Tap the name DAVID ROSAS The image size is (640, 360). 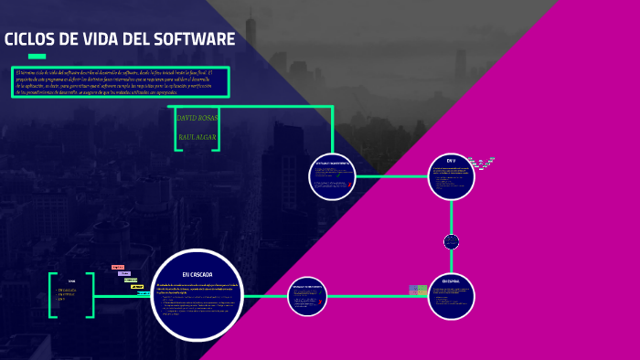coord(197,118)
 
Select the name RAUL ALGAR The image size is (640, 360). coord(197,137)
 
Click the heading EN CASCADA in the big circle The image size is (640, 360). coord(197,274)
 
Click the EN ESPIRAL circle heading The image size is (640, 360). coord(451,281)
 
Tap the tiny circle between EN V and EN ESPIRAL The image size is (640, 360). coord(451,242)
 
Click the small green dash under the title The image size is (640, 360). coord(37,57)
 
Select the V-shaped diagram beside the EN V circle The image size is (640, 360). coord(482,164)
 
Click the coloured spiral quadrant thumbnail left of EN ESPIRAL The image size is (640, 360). coord(418,290)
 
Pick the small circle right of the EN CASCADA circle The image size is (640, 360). coord(307,296)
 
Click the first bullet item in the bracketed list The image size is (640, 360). coord(67,290)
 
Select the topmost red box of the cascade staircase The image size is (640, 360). coord(117,267)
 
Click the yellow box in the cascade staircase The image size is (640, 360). coord(137,287)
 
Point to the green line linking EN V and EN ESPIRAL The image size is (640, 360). coord(451,216)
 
